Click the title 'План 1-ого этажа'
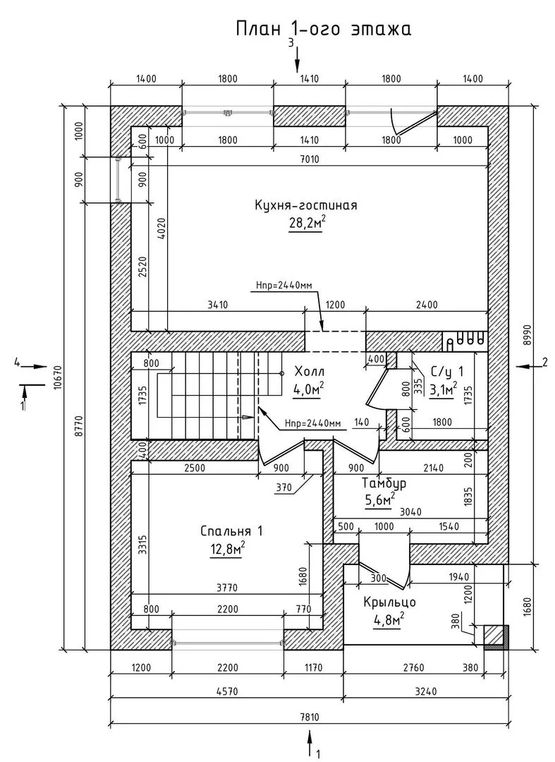322,29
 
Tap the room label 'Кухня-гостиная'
306,205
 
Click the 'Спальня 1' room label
227,531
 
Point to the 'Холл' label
309,372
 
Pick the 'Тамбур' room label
384,484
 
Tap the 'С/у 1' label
446,371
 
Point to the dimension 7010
309,159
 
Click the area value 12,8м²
227,548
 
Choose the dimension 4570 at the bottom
226,693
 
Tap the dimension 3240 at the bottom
425,693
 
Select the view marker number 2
544,363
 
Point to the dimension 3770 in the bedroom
227,586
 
